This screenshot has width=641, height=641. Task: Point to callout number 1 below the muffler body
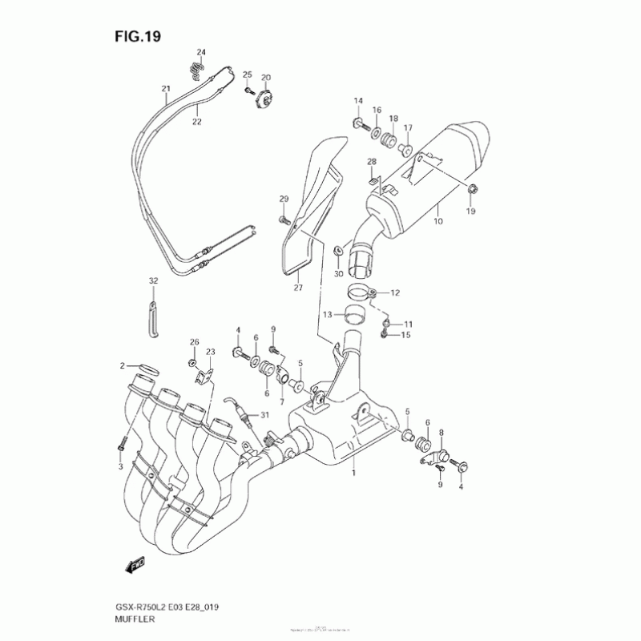pyautogui.click(x=352, y=474)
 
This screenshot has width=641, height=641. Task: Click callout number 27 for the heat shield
pyautogui.click(x=298, y=287)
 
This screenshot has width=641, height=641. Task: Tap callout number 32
pyautogui.click(x=153, y=281)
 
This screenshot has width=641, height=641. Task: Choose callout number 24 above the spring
pyautogui.click(x=201, y=53)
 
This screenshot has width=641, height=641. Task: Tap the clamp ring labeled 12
pyautogui.click(x=360, y=292)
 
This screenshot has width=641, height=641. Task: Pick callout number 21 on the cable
pyautogui.click(x=166, y=88)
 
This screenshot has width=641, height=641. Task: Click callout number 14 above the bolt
pyautogui.click(x=359, y=99)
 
